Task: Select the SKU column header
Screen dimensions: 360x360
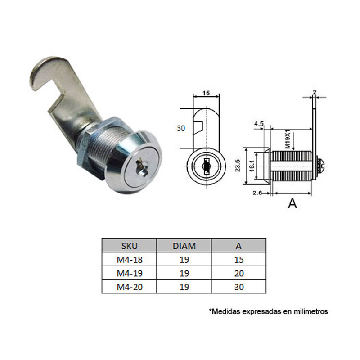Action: point(129,246)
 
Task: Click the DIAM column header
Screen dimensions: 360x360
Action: point(184,246)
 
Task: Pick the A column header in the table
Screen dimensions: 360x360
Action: point(238,246)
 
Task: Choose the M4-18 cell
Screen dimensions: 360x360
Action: point(129,259)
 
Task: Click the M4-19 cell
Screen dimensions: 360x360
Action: point(129,273)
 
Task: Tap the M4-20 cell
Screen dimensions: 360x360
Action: point(129,287)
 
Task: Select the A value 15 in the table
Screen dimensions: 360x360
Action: point(238,259)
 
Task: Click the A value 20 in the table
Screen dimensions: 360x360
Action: point(238,273)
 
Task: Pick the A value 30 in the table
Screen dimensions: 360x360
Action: point(238,287)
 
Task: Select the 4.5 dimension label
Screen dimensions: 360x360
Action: point(259,123)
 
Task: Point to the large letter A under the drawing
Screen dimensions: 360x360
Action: point(292,204)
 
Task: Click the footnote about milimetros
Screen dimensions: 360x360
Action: point(269,311)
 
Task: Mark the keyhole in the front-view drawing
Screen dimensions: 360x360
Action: point(206,166)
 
